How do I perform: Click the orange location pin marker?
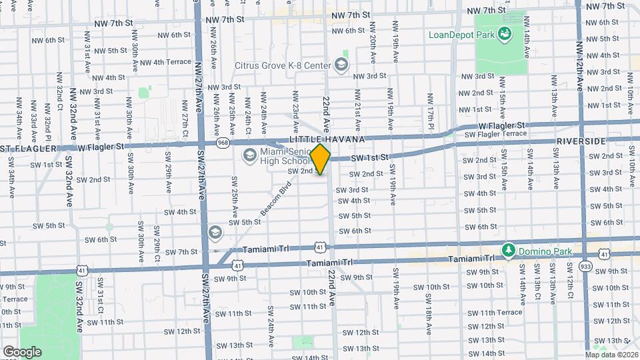tap(321, 159)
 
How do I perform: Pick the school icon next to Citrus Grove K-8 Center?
tap(341, 65)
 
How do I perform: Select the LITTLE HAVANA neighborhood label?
tap(327, 139)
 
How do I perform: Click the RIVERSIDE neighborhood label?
tap(581, 141)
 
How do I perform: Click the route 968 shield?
tap(223, 143)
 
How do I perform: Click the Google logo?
tap(21, 351)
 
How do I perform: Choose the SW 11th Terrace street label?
tap(495, 312)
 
